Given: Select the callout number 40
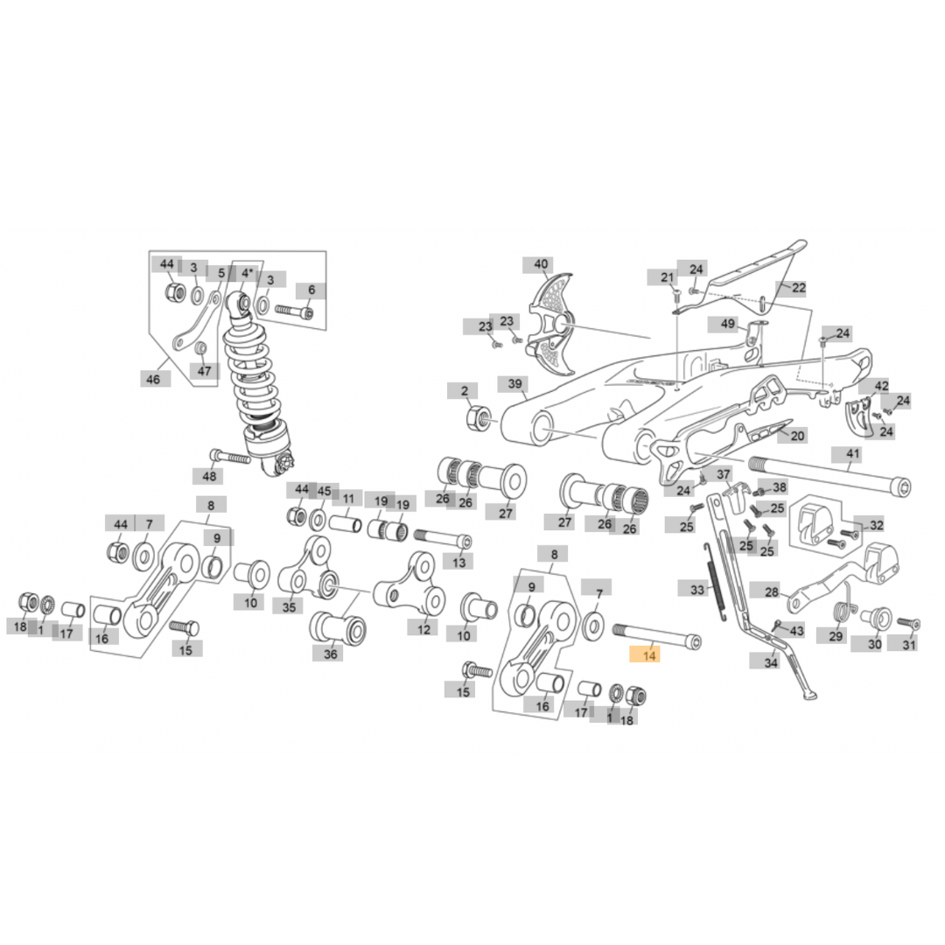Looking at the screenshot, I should coord(541,264).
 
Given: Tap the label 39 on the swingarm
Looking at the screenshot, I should coord(515,385).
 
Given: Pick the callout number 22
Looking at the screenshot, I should coord(797,288).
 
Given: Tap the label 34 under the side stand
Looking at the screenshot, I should coord(770,662).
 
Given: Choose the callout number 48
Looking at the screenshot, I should coord(209,477).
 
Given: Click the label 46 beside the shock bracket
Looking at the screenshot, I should coord(154,379).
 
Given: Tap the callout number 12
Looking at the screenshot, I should coord(423,628).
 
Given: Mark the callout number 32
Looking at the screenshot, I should coord(876,525).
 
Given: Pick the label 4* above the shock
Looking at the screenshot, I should coord(248,274).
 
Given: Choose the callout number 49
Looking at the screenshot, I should coord(728,324).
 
